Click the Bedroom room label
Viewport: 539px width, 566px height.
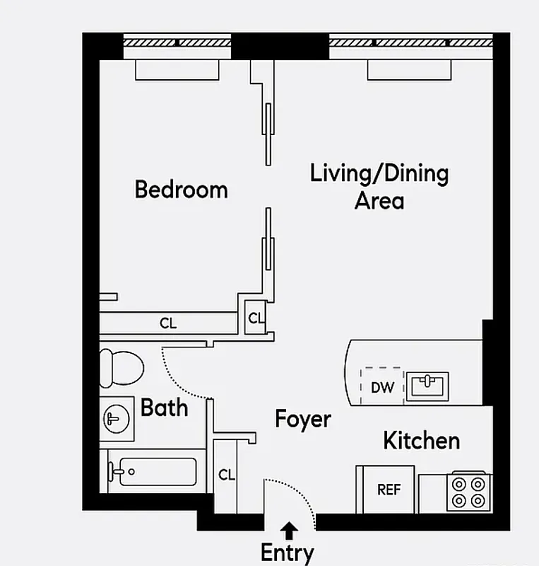(x=181, y=190)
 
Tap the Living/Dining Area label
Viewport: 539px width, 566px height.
(x=379, y=186)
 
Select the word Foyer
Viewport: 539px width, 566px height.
(x=302, y=420)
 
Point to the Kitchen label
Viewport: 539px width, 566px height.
(x=421, y=441)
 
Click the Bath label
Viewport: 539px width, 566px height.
(x=164, y=408)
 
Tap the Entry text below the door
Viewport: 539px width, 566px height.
(x=288, y=552)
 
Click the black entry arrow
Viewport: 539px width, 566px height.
(x=288, y=528)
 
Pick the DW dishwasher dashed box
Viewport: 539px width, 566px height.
(x=382, y=386)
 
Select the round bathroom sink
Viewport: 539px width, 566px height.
(x=114, y=419)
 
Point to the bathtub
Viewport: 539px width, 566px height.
(x=153, y=472)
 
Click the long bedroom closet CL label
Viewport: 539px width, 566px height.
(x=167, y=323)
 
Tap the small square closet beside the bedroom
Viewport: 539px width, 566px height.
(x=255, y=318)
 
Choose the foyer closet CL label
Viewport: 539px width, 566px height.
(x=226, y=475)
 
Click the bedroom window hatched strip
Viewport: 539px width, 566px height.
(x=177, y=42)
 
